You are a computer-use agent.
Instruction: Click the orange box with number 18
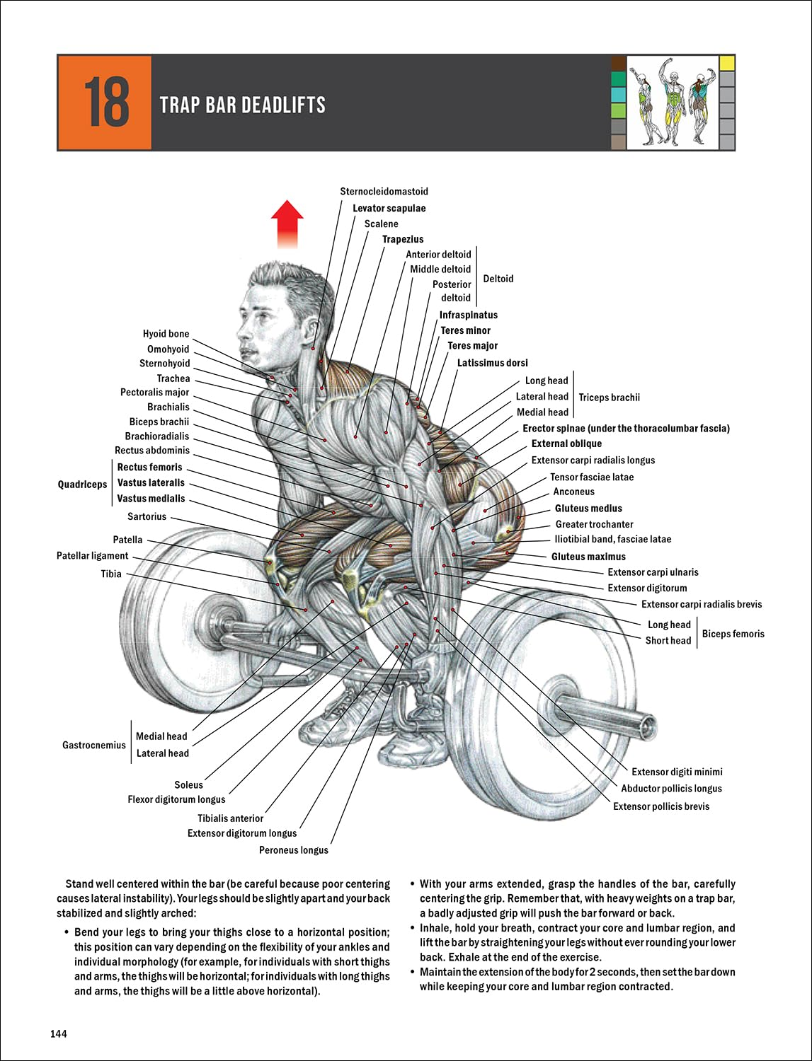point(105,103)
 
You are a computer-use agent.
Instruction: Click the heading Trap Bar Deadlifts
point(242,105)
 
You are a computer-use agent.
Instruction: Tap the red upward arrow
point(287,224)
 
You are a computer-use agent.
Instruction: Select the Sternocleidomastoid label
point(384,192)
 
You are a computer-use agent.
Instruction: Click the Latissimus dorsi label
point(492,363)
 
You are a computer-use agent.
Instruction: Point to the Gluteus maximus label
point(588,557)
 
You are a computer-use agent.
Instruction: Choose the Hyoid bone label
point(166,334)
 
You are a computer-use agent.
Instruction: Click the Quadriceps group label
point(82,485)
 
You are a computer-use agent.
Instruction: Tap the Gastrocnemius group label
point(93,745)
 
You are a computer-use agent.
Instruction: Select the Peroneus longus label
point(293,850)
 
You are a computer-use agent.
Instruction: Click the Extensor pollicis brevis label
point(661,806)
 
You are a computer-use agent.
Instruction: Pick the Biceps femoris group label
point(733,634)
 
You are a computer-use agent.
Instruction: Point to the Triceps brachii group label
point(609,398)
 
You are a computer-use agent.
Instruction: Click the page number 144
point(59,1034)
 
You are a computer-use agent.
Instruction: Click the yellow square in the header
point(727,63)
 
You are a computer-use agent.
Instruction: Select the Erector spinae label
point(626,429)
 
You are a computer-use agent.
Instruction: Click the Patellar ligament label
point(93,556)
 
